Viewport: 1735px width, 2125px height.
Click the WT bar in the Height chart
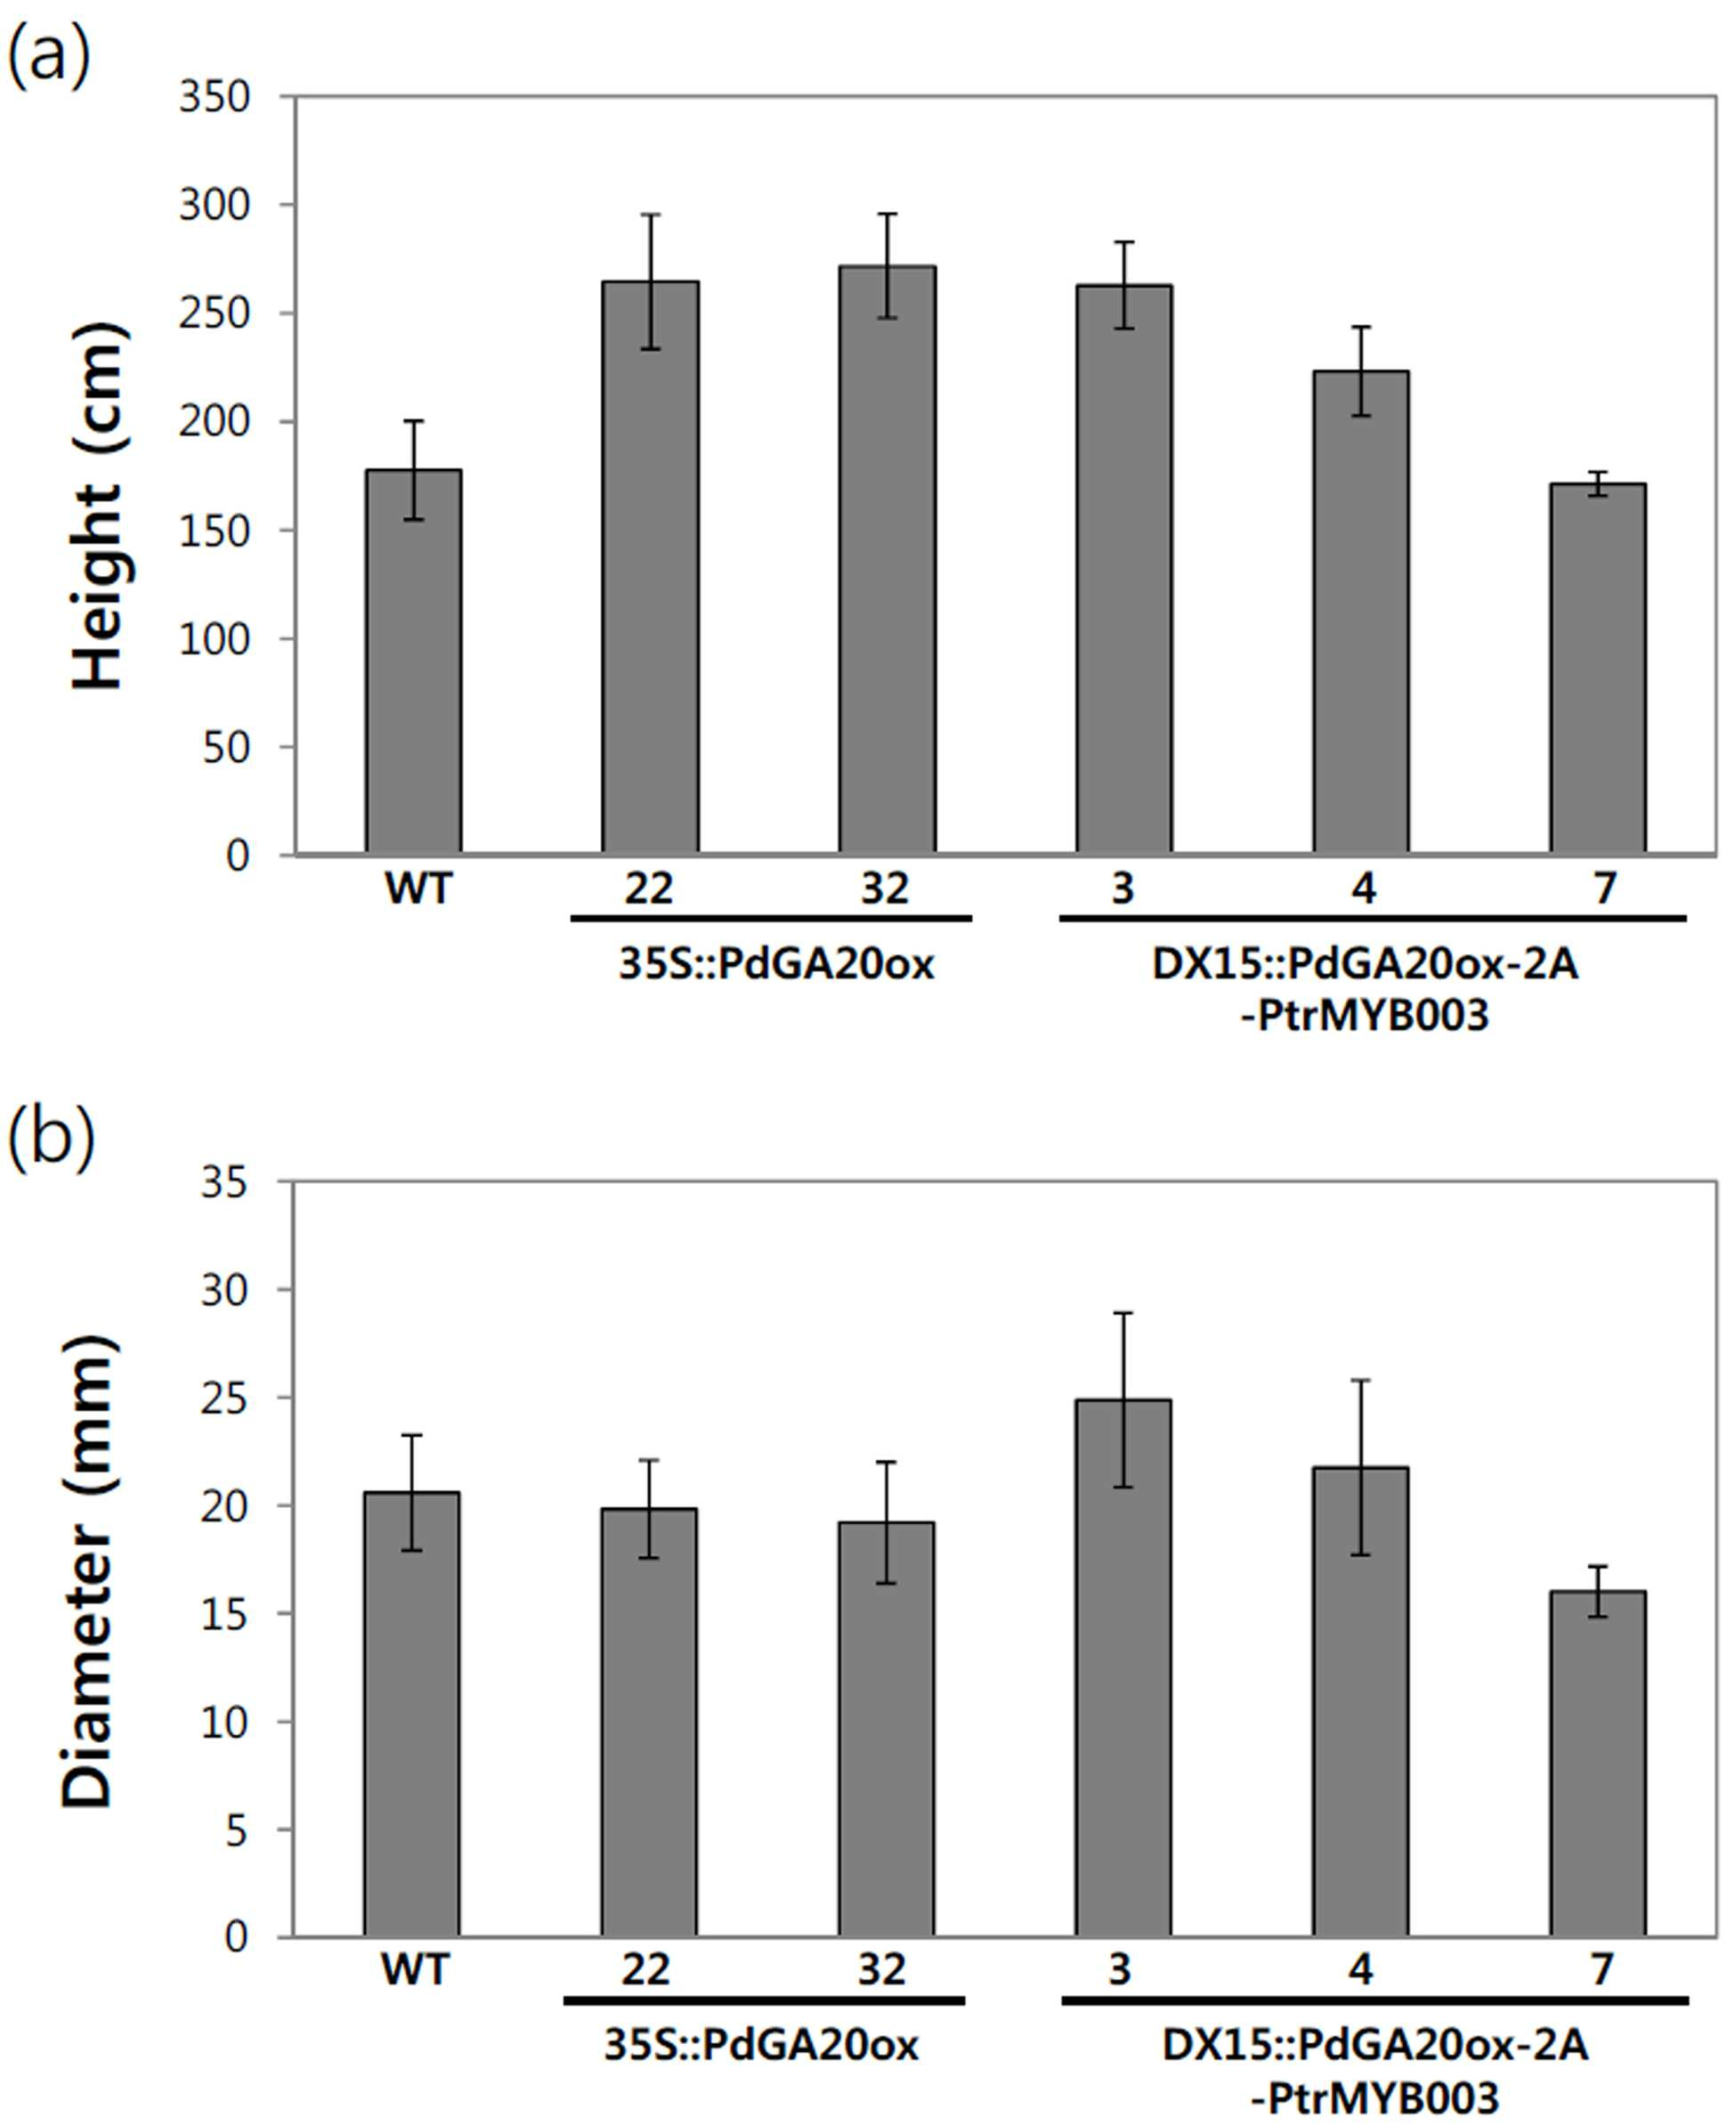click(x=413, y=661)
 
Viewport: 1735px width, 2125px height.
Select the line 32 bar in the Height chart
click(x=887, y=560)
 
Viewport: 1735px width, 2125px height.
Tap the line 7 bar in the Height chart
click(x=1597, y=669)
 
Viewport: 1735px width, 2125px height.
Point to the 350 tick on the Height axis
click(x=214, y=97)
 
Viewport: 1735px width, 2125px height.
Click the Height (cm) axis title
click(x=98, y=505)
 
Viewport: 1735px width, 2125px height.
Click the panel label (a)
click(x=49, y=57)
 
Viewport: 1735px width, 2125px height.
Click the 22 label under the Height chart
click(x=650, y=888)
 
